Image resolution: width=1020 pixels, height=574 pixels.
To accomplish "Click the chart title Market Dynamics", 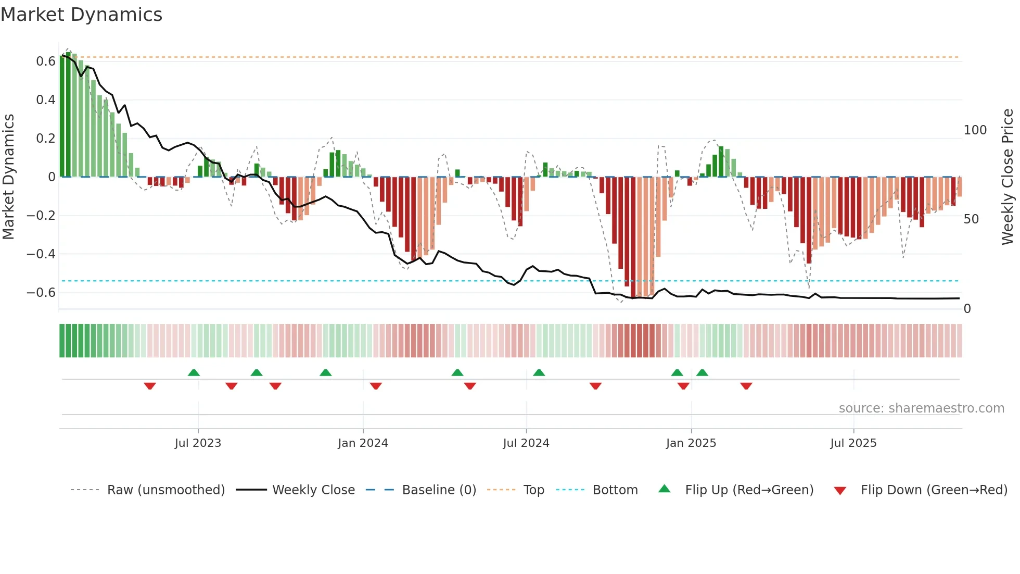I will (x=81, y=15).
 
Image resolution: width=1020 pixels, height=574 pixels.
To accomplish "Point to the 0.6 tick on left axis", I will (x=45, y=61).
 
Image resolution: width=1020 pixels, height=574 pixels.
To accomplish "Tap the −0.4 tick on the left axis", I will (x=41, y=254).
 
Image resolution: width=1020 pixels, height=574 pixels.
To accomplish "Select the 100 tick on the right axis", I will (x=975, y=130).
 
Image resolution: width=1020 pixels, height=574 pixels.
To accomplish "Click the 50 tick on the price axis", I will (x=971, y=219).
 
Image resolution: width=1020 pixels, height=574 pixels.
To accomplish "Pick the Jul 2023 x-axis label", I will (x=198, y=443).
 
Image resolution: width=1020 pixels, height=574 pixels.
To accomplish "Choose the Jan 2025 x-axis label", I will (x=691, y=443).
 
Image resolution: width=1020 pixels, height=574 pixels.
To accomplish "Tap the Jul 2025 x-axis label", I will (x=853, y=443).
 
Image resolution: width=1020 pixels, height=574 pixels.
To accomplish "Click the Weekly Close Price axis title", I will (x=1008, y=177).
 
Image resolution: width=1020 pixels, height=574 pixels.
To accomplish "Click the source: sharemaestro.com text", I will (x=921, y=408).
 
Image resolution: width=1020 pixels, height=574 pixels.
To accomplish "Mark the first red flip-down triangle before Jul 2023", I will (x=150, y=386).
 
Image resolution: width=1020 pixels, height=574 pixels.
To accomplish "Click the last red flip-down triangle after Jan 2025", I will (x=746, y=386).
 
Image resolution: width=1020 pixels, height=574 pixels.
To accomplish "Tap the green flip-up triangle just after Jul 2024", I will (x=539, y=372).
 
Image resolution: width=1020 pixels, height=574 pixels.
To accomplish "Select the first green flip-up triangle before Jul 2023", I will (x=194, y=372).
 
